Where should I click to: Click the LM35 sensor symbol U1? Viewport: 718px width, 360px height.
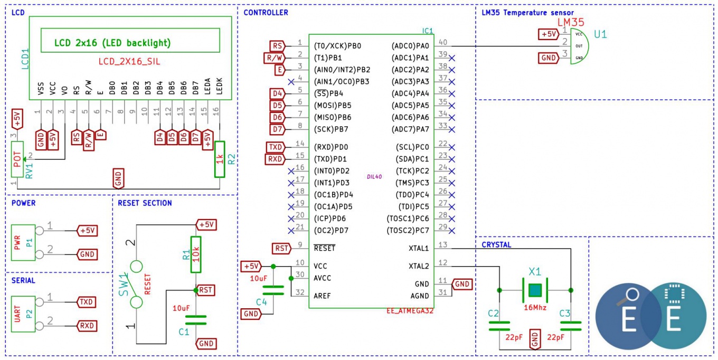(580, 46)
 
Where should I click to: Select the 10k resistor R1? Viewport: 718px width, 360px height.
(196, 255)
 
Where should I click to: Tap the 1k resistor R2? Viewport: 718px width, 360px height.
(220, 159)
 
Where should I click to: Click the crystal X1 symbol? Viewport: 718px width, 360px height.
(535, 290)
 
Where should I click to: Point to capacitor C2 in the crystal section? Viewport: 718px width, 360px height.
(499, 325)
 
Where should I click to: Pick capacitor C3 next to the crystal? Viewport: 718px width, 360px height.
(571, 325)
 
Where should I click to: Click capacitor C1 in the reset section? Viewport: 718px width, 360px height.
(196, 320)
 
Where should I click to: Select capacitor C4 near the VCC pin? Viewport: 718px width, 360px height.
(273, 290)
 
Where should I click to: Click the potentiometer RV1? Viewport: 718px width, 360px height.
(17, 159)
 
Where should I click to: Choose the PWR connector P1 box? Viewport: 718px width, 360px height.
(23, 242)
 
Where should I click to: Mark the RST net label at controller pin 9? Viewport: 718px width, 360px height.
(281, 248)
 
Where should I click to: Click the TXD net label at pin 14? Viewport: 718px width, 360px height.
(276, 147)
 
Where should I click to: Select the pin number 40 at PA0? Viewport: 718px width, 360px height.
(443, 42)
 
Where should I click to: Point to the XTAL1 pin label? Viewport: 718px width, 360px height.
(418, 248)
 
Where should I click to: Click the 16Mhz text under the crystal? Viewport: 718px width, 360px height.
(535, 308)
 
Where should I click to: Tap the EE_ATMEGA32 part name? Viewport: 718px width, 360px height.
(410, 311)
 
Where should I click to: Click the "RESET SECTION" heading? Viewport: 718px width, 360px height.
(145, 203)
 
